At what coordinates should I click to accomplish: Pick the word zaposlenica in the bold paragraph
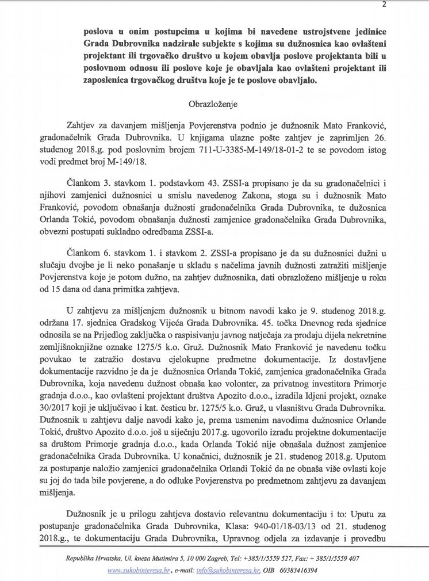(102, 82)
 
